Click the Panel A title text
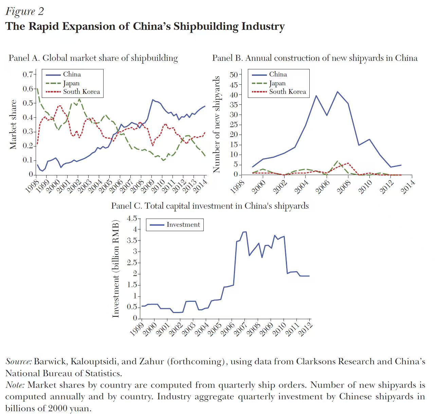[x=93, y=58]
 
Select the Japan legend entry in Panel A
[x=71, y=83]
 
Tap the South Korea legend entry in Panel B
[x=287, y=92]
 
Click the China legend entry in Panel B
[x=278, y=74]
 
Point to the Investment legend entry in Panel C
[x=183, y=225]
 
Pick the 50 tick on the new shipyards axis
[x=234, y=74]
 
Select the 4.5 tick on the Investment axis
[x=131, y=218]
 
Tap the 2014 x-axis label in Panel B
[x=408, y=187]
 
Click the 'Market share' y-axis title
[x=13, y=124]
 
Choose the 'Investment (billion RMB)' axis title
[x=116, y=269]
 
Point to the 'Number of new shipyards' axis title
[x=216, y=124]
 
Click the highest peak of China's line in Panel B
[x=338, y=91]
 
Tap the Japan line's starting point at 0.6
[x=37, y=89]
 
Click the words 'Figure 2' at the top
[x=24, y=11]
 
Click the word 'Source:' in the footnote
[x=19, y=362]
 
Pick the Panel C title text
[x=210, y=206]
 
